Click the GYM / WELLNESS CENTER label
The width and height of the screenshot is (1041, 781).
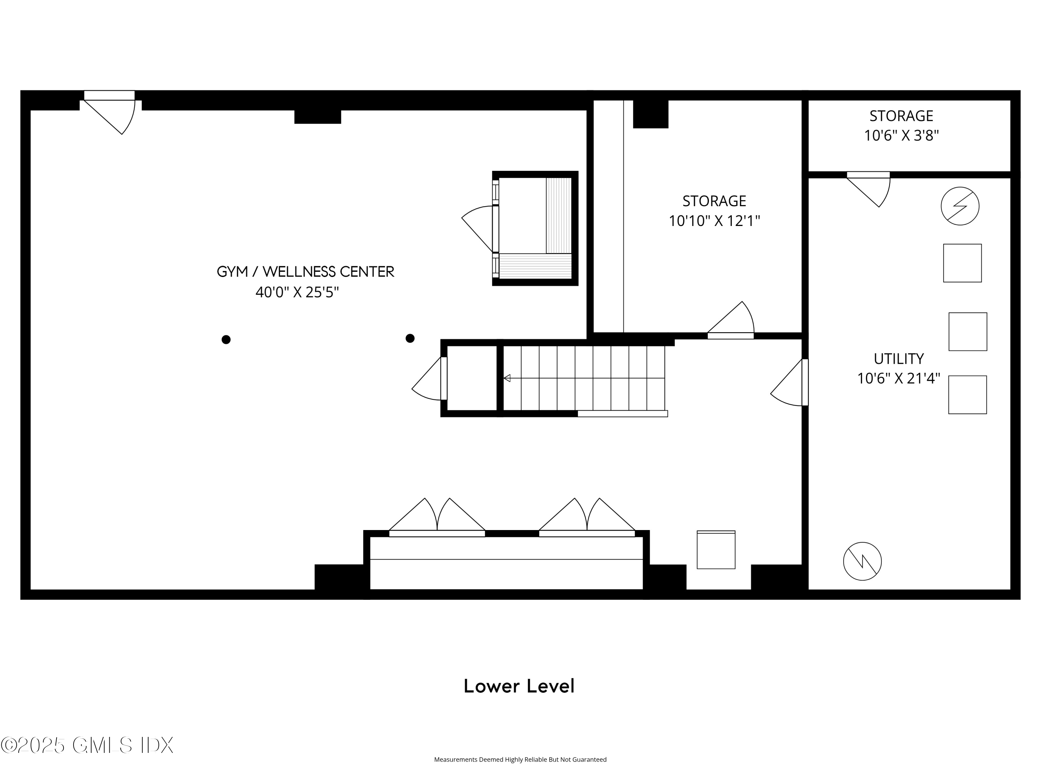point(305,272)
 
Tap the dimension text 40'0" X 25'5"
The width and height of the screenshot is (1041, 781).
point(297,292)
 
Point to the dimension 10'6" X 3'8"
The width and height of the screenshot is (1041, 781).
point(901,136)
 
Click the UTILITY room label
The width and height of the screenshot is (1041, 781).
point(898,359)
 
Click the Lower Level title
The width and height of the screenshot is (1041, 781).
point(519,686)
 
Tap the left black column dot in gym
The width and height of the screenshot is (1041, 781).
point(226,339)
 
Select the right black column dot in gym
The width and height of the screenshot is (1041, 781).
point(410,338)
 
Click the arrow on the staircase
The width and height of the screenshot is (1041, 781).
point(507,378)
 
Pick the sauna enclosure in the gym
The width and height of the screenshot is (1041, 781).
point(535,228)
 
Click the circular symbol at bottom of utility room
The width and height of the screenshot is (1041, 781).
point(862,561)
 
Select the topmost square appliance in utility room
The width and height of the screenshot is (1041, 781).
point(962,263)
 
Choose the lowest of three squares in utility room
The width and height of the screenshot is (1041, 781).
point(967,395)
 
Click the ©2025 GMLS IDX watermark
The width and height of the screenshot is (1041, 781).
point(87,745)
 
